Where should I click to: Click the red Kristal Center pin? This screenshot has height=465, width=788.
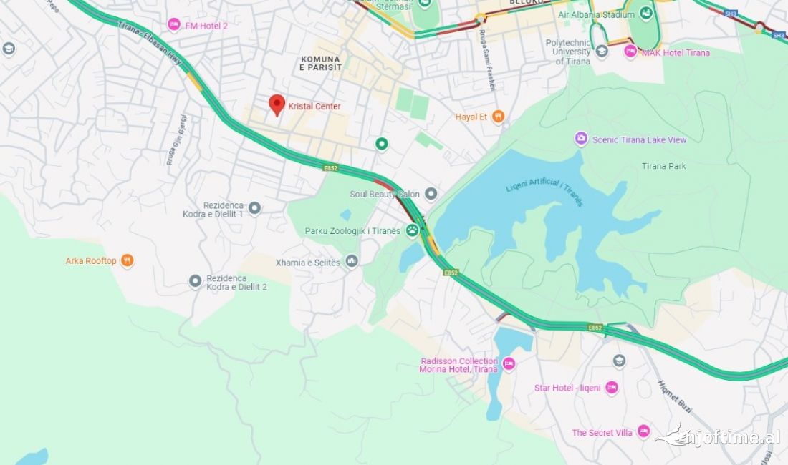[x=277, y=104]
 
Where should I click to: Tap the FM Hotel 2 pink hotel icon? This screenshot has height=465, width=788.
[x=174, y=25]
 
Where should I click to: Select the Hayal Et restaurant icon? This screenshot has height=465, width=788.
[x=498, y=117]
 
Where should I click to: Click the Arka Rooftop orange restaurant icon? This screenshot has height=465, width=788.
[x=127, y=260]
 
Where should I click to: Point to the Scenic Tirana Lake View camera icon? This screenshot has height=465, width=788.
[x=581, y=139]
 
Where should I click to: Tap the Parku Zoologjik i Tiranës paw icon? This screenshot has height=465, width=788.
[x=413, y=230]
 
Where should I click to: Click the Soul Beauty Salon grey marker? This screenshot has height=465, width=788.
[x=431, y=194]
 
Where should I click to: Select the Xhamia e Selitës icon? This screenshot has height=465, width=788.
[x=351, y=262]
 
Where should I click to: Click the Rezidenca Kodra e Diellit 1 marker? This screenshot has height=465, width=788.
[x=254, y=208]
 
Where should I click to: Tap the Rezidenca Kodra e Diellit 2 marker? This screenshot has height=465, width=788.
[x=195, y=281]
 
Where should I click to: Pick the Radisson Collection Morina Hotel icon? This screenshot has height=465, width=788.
[x=509, y=364]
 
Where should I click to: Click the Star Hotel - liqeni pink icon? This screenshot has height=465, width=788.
[x=611, y=388]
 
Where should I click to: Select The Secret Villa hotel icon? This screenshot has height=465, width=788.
[x=643, y=431]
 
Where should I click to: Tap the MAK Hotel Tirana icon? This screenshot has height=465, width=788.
[x=630, y=52]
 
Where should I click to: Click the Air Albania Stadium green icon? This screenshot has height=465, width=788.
[x=646, y=14]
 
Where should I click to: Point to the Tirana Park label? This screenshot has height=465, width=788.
[x=663, y=166]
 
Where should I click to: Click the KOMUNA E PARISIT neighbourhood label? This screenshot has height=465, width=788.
[x=319, y=63]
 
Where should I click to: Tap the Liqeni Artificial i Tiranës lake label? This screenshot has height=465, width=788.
[x=544, y=194]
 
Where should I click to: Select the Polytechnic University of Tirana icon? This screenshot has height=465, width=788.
[x=602, y=51]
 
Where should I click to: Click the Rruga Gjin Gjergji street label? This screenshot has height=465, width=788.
[x=177, y=139]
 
